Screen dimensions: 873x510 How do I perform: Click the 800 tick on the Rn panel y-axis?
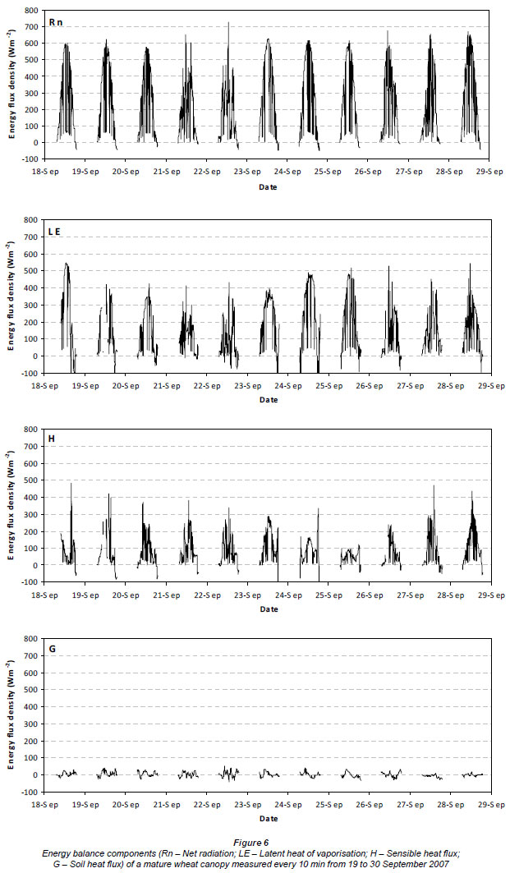pyautogui.click(x=30, y=11)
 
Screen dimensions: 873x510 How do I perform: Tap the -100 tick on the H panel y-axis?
pyautogui.click(x=29, y=582)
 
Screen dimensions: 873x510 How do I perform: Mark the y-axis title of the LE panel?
pyautogui.click(x=10, y=297)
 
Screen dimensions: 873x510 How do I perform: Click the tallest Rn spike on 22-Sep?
pyautogui.click(x=228, y=23)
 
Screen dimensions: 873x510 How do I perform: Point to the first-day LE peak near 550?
pyautogui.click(x=67, y=264)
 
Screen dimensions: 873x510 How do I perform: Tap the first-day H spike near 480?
pyautogui.click(x=71, y=484)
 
